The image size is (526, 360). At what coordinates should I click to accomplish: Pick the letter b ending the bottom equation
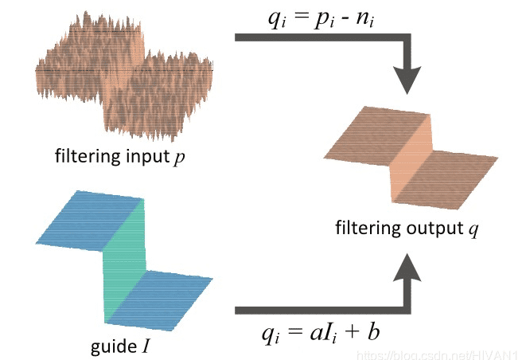[x=374, y=330]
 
